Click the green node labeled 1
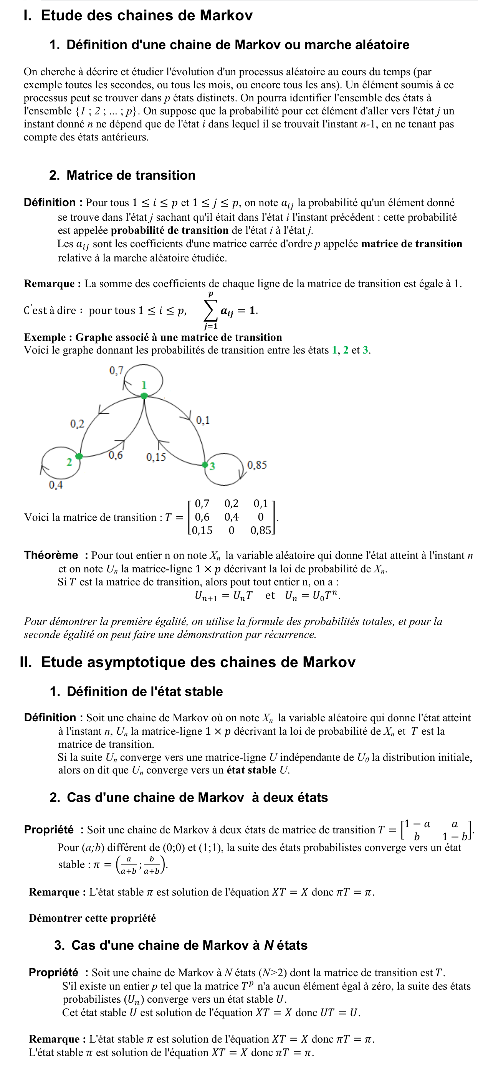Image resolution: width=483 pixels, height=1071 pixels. click(144, 396)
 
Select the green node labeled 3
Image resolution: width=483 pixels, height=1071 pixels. click(205, 464)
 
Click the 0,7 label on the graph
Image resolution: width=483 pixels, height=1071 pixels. click(116, 370)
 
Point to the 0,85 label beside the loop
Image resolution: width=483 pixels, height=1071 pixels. click(257, 465)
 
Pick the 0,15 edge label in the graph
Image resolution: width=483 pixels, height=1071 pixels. click(156, 457)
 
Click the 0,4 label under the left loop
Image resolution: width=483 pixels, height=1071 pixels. click(56, 485)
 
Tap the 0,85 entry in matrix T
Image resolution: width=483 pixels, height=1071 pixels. click(261, 531)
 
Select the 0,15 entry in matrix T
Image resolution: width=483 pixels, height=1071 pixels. click(202, 531)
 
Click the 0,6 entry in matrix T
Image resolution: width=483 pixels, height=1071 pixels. click(202, 517)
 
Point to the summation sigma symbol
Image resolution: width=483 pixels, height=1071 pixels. click(210, 310)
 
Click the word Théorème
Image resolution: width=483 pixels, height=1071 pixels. click(51, 555)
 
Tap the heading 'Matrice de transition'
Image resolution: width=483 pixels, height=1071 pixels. click(131, 175)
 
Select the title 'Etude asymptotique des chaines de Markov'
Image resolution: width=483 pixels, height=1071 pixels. click(198, 662)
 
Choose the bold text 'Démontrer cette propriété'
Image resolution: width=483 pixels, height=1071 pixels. click(92, 918)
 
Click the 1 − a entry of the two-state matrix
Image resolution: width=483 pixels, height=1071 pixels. click(417, 824)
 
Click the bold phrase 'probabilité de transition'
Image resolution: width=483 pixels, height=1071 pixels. click(170, 230)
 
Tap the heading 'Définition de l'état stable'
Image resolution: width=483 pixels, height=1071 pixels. click(145, 691)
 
